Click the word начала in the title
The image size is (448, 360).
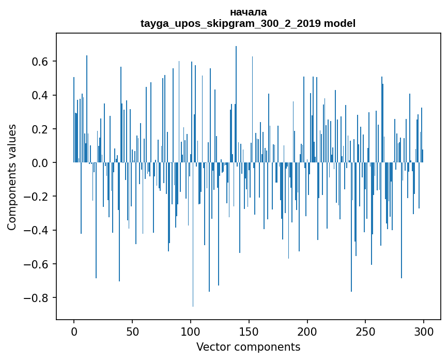[248, 12]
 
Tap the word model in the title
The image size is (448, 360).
[339, 23]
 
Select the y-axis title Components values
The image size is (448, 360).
[12, 177]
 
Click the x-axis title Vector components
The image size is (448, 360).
[248, 347]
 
